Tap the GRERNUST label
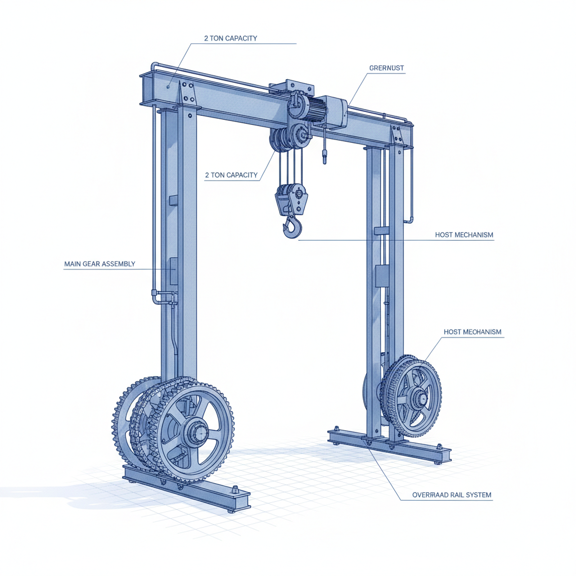(x=386, y=68)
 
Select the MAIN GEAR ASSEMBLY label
(x=100, y=264)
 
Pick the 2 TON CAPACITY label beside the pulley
(x=231, y=175)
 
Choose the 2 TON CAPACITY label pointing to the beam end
(x=231, y=39)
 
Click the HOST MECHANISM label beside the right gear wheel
(x=472, y=332)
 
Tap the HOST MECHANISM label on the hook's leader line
(x=464, y=234)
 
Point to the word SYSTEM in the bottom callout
(x=480, y=496)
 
